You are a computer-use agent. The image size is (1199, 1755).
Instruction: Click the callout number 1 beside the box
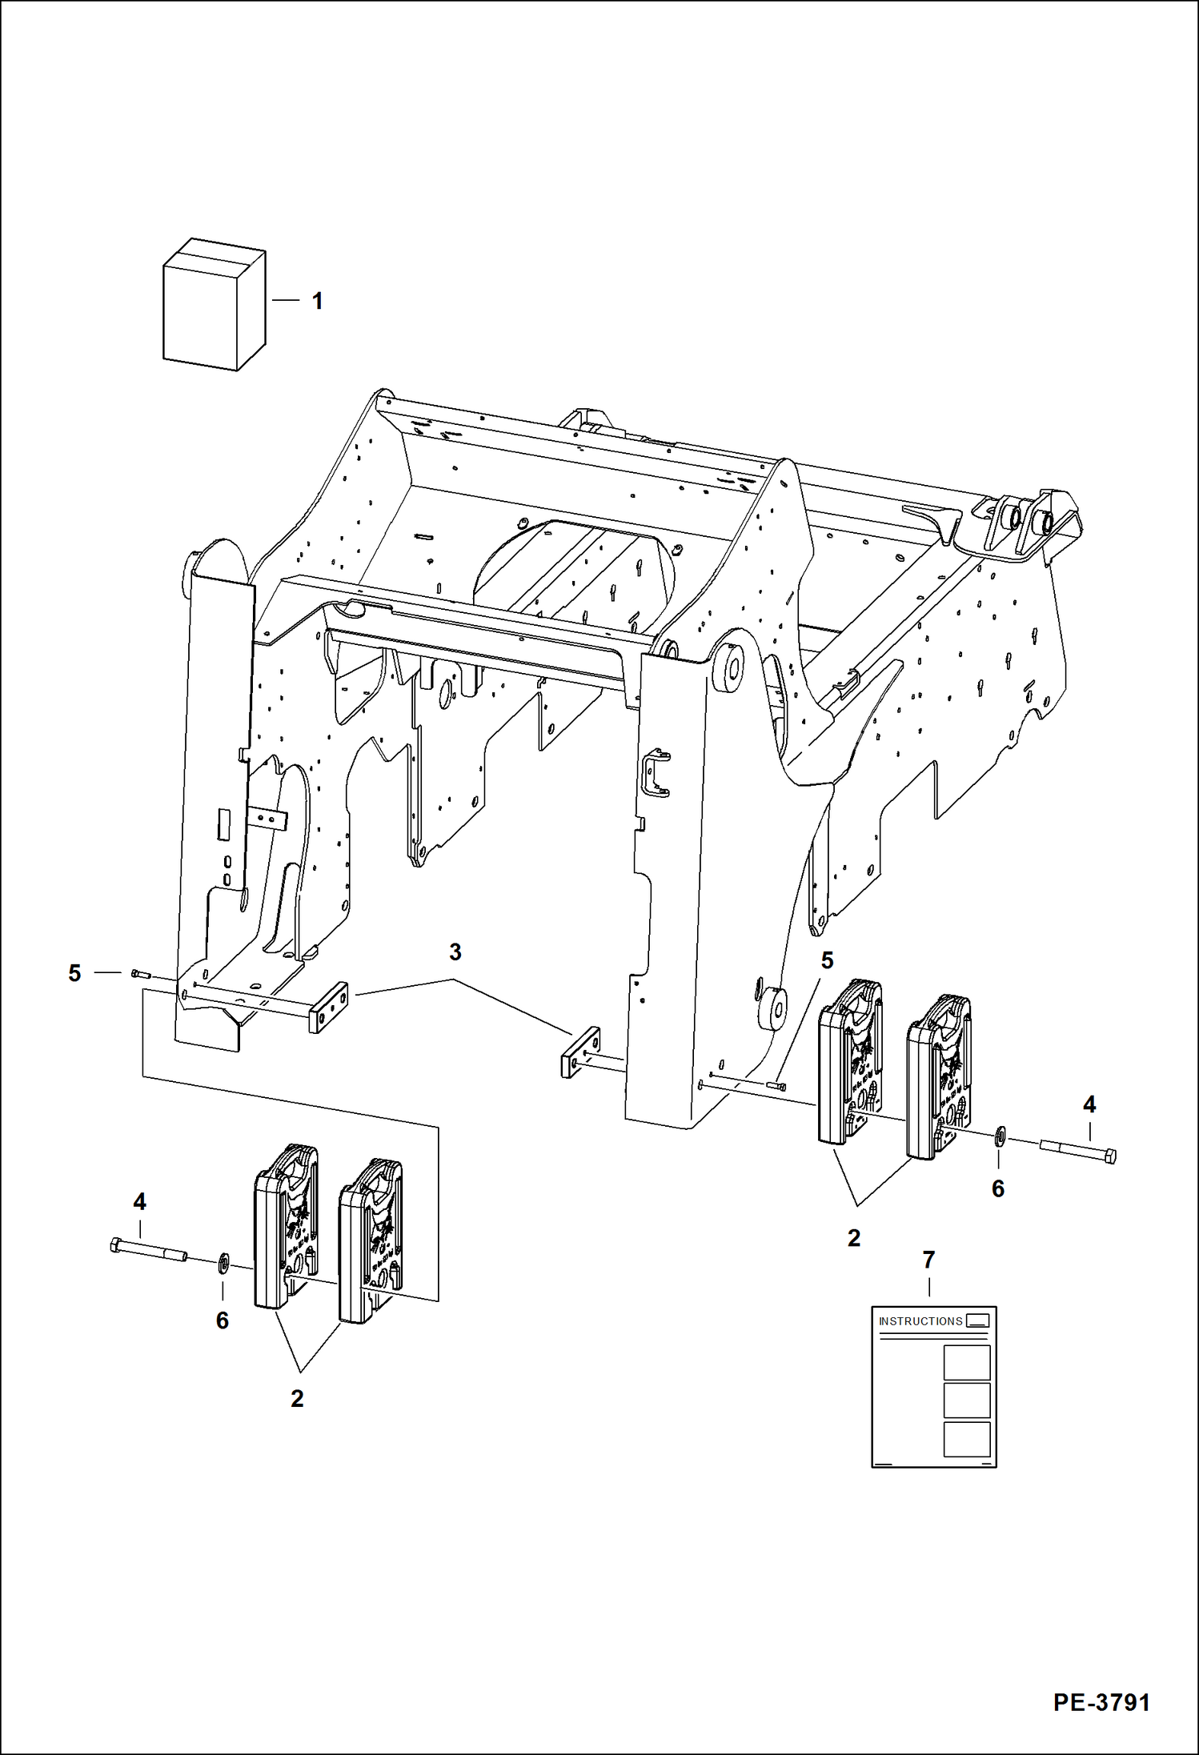point(317,301)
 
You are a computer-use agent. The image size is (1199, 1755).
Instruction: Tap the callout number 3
point(455,952)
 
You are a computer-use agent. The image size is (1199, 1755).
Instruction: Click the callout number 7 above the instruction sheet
point(928,1260)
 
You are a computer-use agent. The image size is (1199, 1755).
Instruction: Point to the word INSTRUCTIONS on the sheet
point(920,1321)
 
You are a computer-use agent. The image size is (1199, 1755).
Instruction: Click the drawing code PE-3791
point(1101,1702)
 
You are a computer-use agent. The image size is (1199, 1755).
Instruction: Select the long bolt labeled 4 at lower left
point(148,1250)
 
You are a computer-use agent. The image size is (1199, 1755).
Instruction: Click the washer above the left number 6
point(223,1264)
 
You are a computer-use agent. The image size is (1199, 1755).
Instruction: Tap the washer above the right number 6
point(1000,1136)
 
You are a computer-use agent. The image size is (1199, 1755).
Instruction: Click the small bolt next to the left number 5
point(140,973)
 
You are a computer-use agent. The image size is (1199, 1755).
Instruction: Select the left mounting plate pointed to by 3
point(328,1007)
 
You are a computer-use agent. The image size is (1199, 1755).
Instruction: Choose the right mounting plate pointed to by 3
point(581,1052)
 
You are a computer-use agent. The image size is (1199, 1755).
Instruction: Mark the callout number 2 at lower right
point(854,1238)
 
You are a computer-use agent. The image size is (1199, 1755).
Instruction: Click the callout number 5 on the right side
point(827,960)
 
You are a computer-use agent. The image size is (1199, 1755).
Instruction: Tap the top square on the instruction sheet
point(967,1363)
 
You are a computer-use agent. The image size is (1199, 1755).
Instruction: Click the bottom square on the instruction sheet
point(967,1439)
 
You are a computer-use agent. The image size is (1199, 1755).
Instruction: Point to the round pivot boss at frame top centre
point(729,667)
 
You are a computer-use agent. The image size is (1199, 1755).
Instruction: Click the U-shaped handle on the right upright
point(656,773)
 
